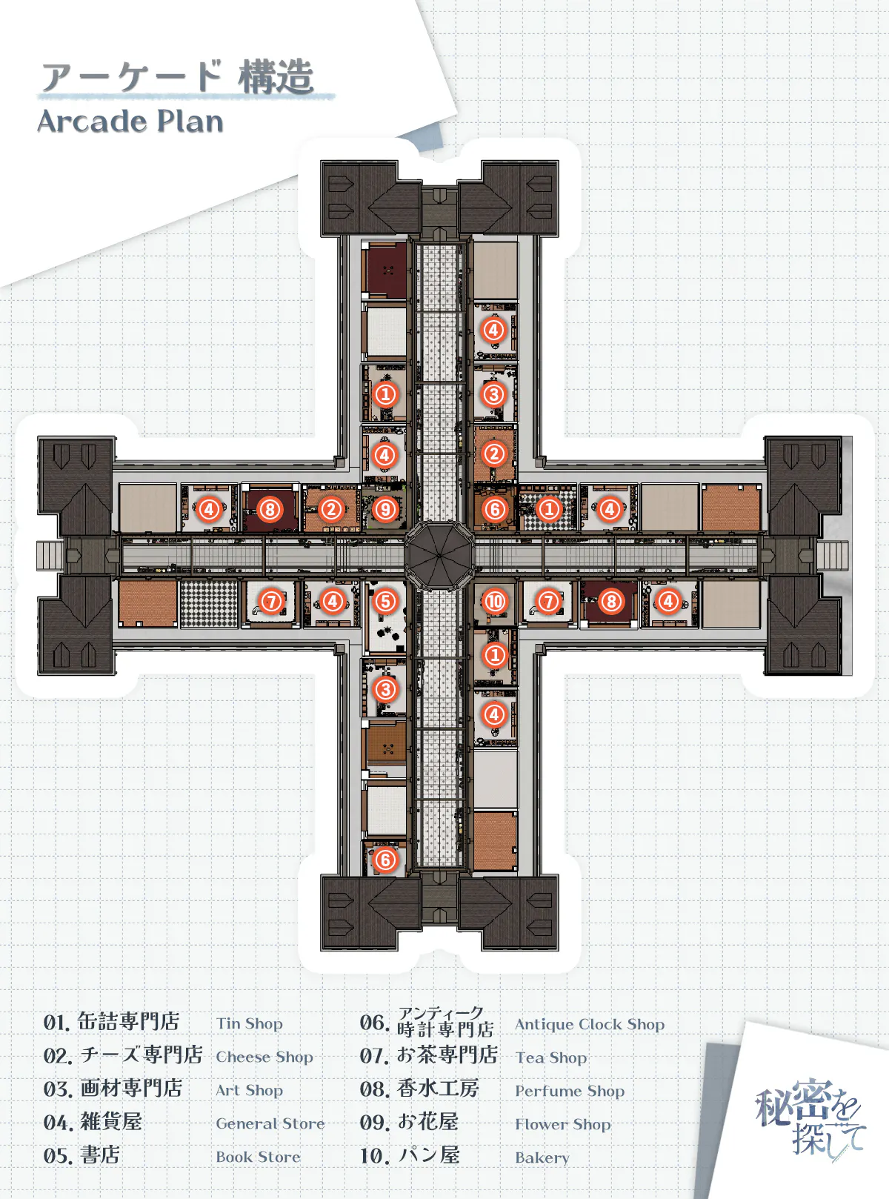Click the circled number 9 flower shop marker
pyautogui.click(x=384, y=509)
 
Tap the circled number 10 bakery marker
pyautogui.click(x=494, y=602)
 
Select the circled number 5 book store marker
pyautogui.click(x=384, y=601)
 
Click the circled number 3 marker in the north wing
pyautogui.click(x=493, y=395)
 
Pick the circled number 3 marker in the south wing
pyautogui.click(x=384, y=690)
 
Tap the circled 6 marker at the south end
pyautogui.click(x=384, y=860)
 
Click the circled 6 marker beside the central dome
pyautogui.click(x=494, y=509)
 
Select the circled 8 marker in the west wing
pyautogui.click(x=270, y=509)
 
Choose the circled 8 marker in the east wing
pyautogui.click(x=611, y=602)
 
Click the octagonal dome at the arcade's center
pyautogui.click(x=439, y=555)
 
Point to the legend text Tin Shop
pyautogui.click(x=249, y=1023)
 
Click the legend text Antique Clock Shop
pyautogui.click(x=590, y=1024)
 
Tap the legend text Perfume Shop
pyautogui.click(x=570, y=1091)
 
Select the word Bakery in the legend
pyautogui.click(x=542, y=1158)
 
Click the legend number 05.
pyautogui.click(x=57, y=1156)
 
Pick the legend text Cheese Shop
pyautogui.click(x=264, y=1057)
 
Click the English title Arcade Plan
pyautogui.click(x=130, y=122)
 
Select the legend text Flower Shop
pyautogui.click(x=562, y=1124)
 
